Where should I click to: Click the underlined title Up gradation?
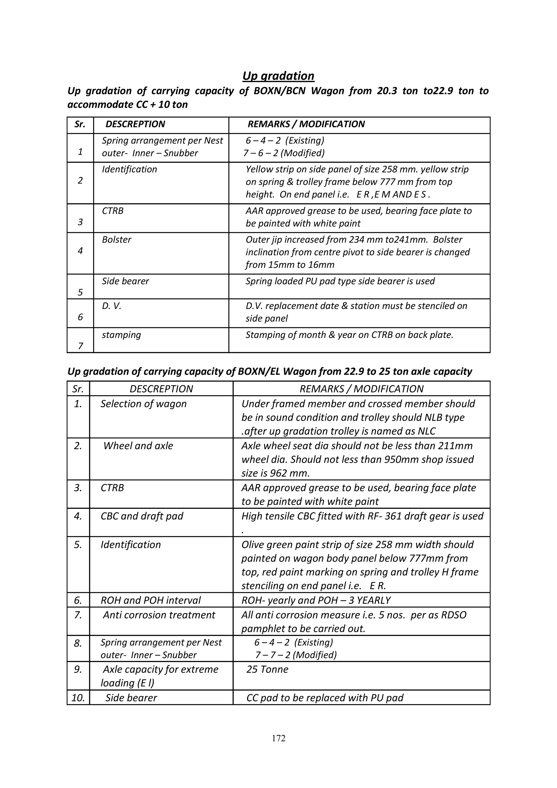(x=278, y=76)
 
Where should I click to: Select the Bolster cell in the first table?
(x=117, y=239)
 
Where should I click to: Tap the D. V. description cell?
(x=112, y=306)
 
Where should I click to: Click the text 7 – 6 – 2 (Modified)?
(x=284, y=153)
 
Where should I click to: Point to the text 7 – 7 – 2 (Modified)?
(x=296, y=655)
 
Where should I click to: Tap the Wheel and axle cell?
(x=138, y=445)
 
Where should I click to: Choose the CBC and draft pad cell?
(x=142, y=516)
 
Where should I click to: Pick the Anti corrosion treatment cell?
(x=159, y=615)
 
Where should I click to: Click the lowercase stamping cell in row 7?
(x=121, y=335)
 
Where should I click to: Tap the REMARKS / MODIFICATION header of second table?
(x=361, y=389)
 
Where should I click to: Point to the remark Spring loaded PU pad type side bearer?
(x=340, y=281)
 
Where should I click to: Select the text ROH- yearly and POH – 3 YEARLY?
(x=316, y=600)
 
